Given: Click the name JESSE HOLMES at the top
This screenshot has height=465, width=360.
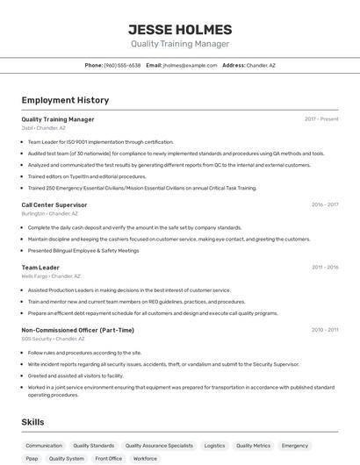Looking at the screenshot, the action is pos(180,29).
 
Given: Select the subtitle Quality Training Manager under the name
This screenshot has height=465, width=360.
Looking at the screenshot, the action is pos(180,44).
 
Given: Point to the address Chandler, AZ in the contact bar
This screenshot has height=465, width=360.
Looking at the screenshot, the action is pos(261,65).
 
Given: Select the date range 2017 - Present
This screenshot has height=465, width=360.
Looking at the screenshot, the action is pos(321,119).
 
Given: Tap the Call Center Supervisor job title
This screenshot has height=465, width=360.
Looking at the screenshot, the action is pos(54,204).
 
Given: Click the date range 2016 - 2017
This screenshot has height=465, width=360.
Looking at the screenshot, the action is pos(324,204).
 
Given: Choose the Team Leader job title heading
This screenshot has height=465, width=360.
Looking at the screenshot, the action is pos(40,268).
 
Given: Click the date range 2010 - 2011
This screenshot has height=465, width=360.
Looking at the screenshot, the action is pos(324,330).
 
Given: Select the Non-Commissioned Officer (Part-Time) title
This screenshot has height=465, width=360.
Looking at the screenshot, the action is pos(78,330).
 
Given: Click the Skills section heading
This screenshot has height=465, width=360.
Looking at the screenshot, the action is pos(32,422).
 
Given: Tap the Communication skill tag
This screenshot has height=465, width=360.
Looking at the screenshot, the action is pos(44,446).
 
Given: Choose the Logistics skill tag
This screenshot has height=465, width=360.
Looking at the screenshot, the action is pos(214,446).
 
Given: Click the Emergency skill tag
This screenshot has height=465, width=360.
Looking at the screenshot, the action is pos(295,446).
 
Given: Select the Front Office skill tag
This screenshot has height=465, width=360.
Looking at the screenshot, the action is pos(109,458).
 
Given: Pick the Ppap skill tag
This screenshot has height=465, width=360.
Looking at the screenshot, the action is pos(32,458).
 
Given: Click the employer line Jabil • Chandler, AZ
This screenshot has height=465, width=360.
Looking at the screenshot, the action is pos(44,127).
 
